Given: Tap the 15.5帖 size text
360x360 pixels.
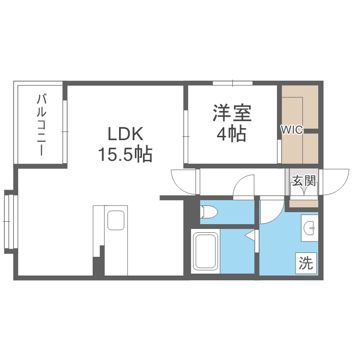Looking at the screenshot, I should [125, 154].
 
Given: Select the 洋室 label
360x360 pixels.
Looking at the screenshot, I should [232, 114].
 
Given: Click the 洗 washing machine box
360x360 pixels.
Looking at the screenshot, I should [306, 263].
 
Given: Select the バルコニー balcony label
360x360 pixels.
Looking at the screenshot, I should [41, 125].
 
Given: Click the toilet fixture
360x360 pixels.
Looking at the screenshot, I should [209, 211].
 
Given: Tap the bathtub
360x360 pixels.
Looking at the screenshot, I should [205, 252].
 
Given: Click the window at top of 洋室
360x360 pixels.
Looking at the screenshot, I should [233, 84].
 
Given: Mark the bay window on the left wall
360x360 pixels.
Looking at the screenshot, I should [10, 221].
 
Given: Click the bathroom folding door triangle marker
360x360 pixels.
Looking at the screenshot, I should [250, 236].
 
